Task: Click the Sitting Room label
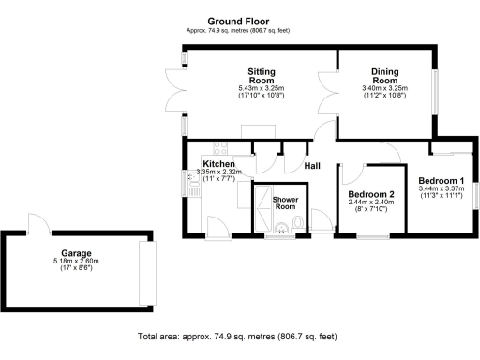pos(260,75)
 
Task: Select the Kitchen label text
pos(218,163)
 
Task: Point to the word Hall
pos(314,166)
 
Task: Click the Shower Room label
pos(285,204)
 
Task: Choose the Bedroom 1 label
pos(442,180)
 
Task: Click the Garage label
pos(76,253)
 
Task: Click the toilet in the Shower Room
pos(297,222)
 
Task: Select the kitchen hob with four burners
pos(222,147)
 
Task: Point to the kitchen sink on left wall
pos(194,187)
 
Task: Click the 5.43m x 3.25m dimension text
pos(260,89)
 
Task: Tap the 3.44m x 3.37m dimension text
pos(442,189)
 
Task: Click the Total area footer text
pos(237,336)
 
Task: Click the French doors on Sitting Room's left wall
pos(166,91)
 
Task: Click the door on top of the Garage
pos(37,224)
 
